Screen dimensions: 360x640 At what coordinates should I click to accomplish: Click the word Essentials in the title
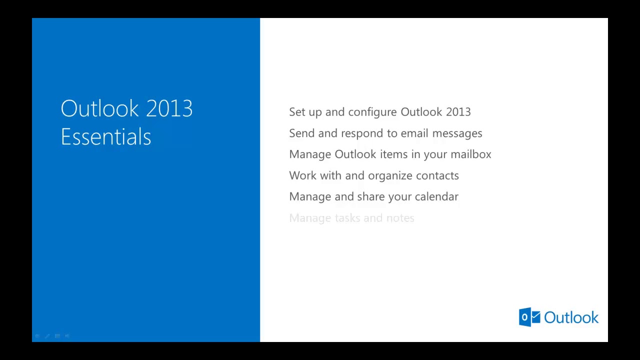coord(105,136)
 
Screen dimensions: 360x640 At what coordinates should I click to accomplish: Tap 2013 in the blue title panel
coord(169,108)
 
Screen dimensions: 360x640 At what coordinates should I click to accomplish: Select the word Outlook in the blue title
coord(99,108)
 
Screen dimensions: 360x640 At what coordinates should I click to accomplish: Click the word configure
coord(372,112)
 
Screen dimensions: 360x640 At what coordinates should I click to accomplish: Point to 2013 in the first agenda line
coord(458,112)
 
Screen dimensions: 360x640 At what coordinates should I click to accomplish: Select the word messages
coord(457,133)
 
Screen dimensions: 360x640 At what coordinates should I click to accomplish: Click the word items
coord(393,154)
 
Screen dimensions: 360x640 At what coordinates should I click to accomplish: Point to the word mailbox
coord(470,154)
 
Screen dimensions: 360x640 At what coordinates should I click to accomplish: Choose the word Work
coord(302,175)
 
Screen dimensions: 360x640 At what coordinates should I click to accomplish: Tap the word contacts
coord(437,175)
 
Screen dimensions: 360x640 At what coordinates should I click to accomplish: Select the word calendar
coord(436,196)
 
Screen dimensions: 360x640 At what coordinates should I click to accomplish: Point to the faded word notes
coord(400,218)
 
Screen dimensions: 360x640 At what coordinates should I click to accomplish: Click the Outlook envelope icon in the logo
coord(529,317)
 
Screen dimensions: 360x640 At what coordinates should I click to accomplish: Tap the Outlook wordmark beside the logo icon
coord(571,317)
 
